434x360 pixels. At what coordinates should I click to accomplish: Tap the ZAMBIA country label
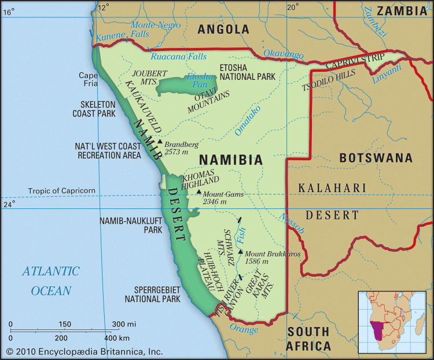pos(400,10)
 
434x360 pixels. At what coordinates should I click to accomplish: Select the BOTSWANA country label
pos(376,157)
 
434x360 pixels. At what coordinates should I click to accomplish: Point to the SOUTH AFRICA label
pos(308,339)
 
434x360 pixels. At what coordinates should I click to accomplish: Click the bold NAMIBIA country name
pos(230,159)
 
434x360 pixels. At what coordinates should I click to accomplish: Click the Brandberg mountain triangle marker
pos(160,141)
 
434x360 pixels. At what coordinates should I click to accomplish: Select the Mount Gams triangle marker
pos(199,192)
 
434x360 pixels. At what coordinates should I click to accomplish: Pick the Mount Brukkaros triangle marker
pos(240,252)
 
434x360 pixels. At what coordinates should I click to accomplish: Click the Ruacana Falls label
pos(178,57)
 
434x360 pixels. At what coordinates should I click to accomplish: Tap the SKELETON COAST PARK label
pos(94,109)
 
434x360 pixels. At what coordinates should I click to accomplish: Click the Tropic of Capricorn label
pos(62,191)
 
